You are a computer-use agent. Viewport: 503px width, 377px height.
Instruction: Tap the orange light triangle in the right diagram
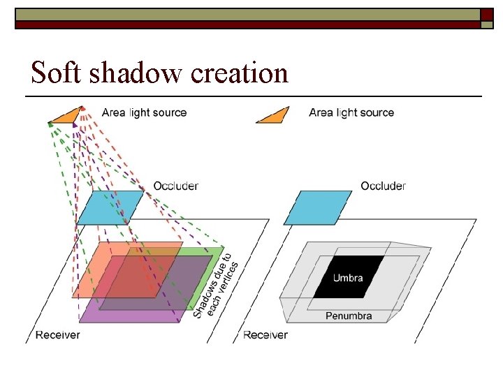(x=274, y=116)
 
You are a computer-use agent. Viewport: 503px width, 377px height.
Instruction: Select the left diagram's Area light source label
(x=144, y=112)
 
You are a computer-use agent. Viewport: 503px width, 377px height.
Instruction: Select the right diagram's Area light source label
(x=351, y=112)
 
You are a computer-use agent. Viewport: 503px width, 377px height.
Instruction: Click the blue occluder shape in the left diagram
(x=110, y=207)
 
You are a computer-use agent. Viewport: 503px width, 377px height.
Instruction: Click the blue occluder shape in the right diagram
(x=318, y=207)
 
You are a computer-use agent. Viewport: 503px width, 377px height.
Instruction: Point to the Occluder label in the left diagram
(x=175, y=186)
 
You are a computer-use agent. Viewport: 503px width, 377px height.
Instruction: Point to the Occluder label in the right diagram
(x=383, y=186)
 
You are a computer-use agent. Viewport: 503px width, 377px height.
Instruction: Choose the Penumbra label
(x=349, y=316)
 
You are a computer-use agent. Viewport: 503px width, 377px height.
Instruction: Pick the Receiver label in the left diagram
(x=57, y=334)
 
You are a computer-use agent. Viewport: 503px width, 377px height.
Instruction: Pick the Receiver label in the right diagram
(x=265, y=334)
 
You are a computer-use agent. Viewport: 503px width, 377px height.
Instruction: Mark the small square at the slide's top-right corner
(x=487, y=15)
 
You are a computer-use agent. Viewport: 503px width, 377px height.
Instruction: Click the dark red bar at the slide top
(x=245, y=24)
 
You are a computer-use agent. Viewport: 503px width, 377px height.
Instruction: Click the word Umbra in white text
(x=348, y=278)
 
